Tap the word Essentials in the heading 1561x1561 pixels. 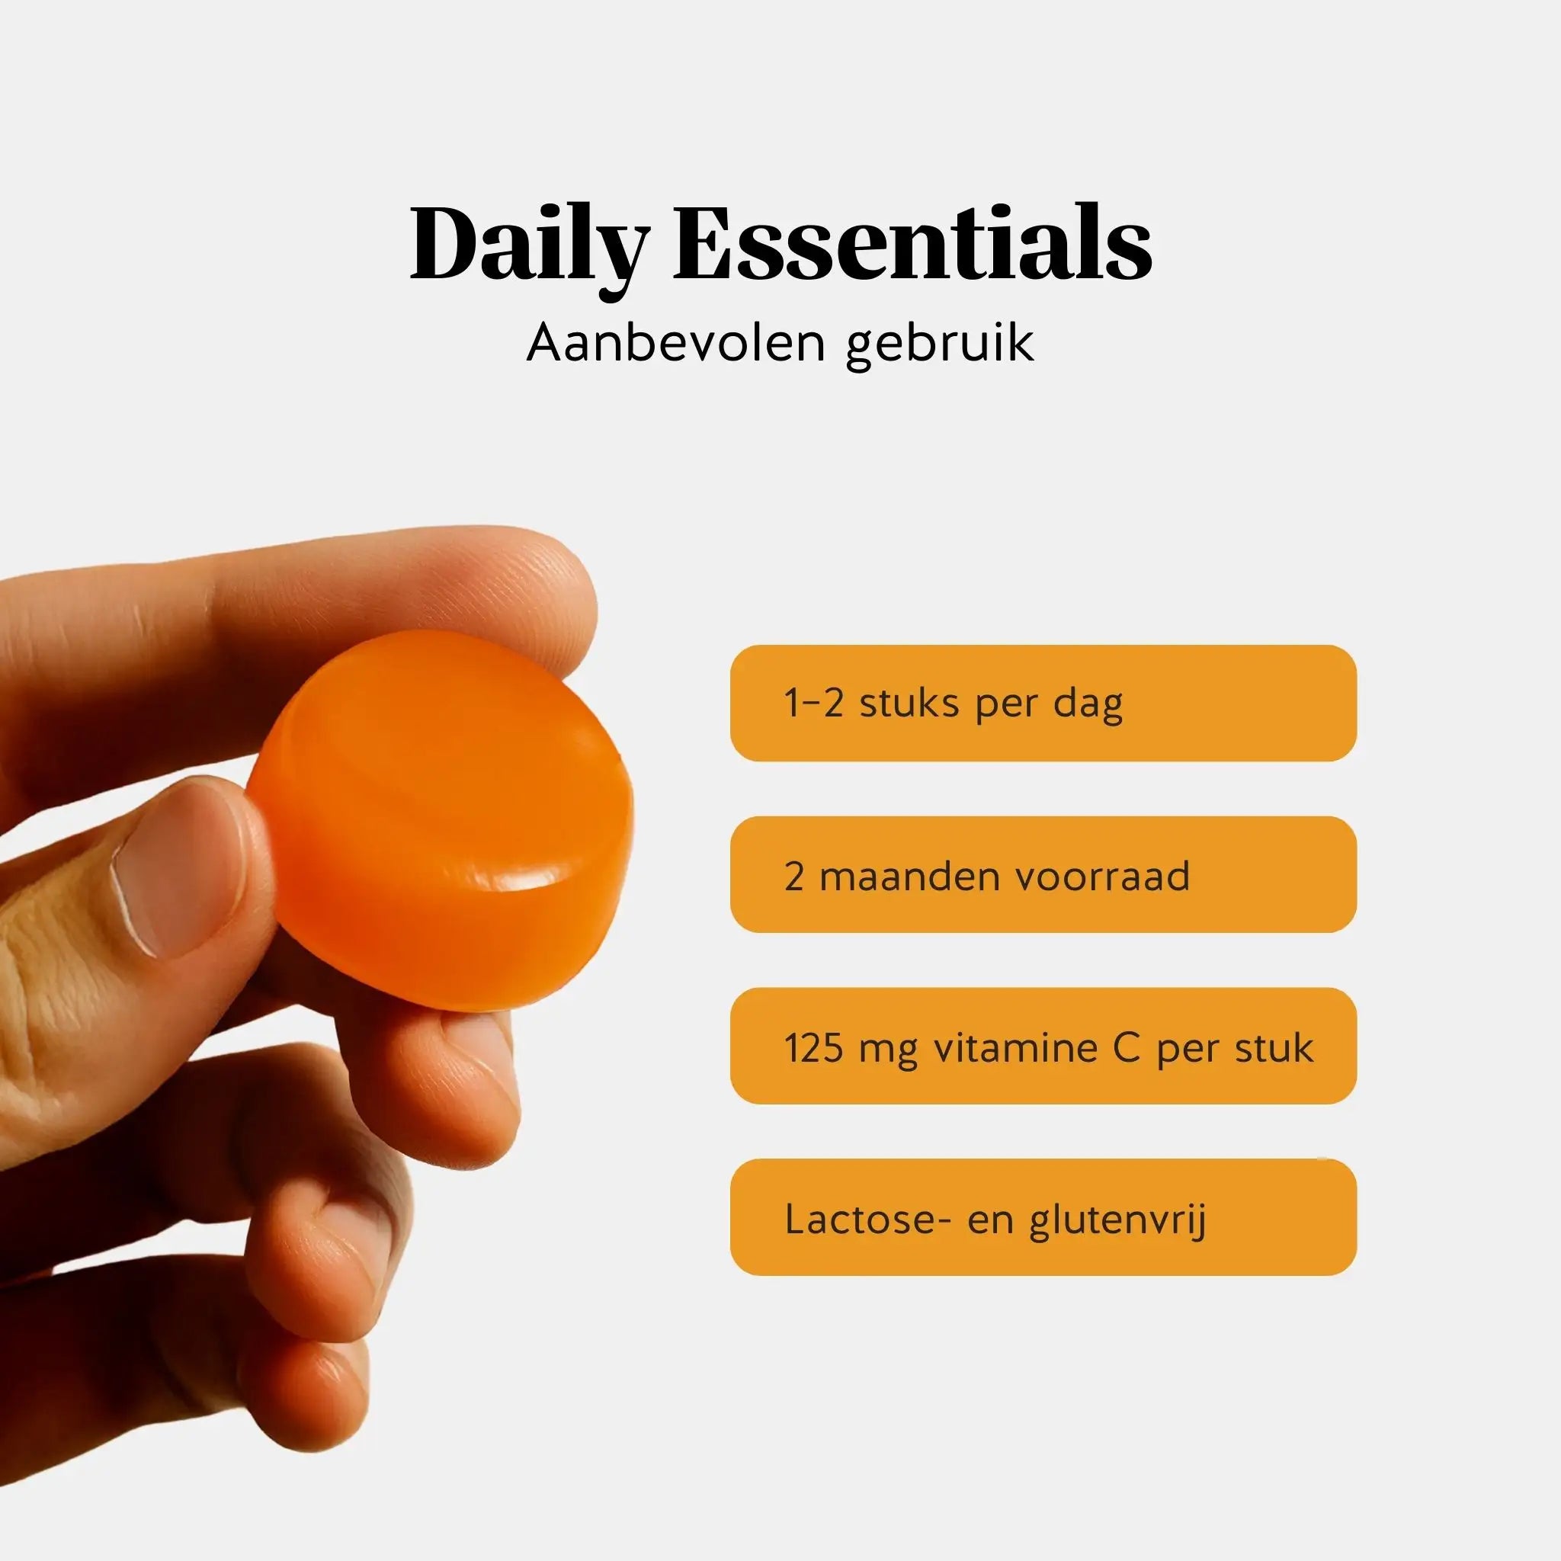coord(913,242)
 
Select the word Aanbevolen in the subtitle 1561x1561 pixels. coord(675,342)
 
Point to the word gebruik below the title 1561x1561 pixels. coord(940,345)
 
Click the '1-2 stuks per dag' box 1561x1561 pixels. coord(1043,703)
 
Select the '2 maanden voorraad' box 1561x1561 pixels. coord(1043,874)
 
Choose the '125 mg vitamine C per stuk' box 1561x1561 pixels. coord(1043,1046)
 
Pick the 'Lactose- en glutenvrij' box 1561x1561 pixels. coord(1043,1216)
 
